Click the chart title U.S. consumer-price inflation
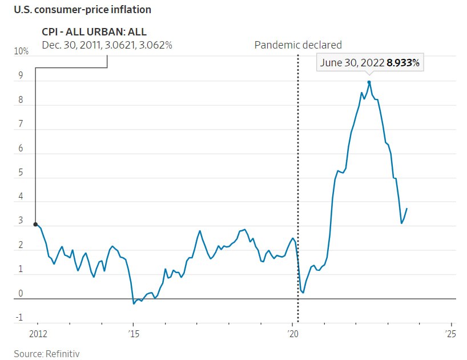point(83,10)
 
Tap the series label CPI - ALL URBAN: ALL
point(94,33)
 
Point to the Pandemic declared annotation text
point(298,45)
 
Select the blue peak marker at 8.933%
point(369,82)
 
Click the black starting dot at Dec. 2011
point(35,225)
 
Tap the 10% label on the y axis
point(22,51)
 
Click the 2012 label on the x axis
point(38,334)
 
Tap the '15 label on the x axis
point(133,334)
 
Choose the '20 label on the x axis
point(292,334)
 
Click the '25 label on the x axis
point(450,334)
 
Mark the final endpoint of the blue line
point(407,209)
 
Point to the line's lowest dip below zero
point(134,303)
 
